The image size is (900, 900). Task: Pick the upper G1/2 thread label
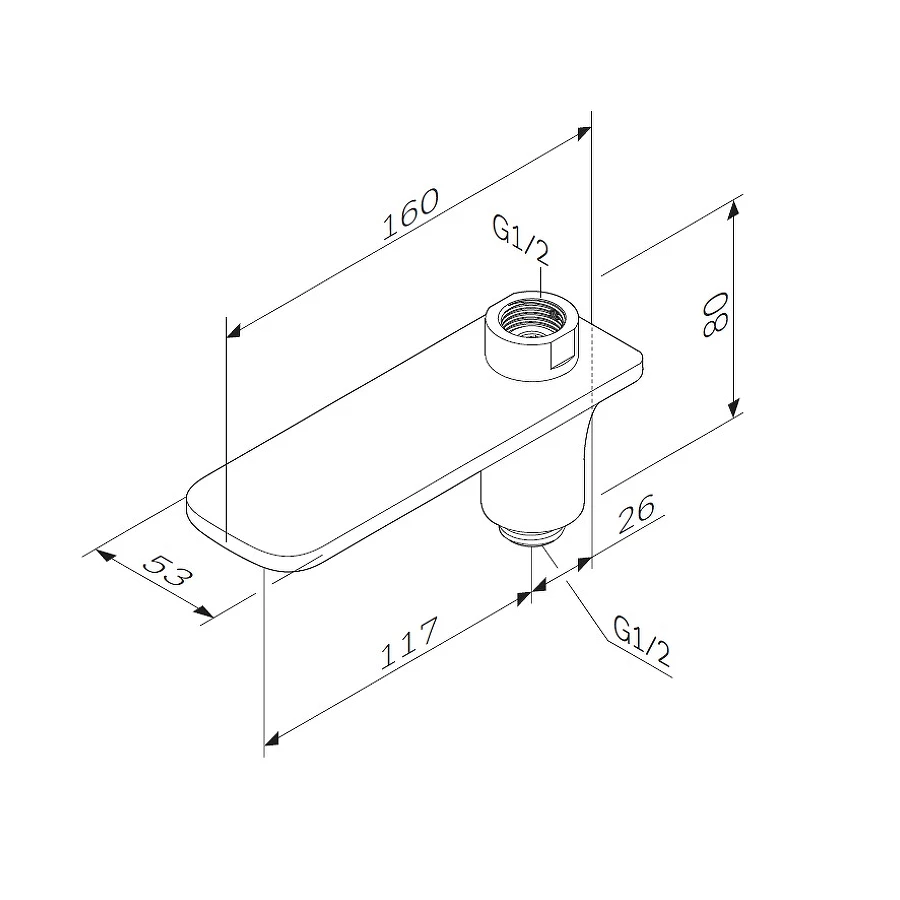[x=521, y=240]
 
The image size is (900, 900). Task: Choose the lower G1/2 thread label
[x=642, y=642]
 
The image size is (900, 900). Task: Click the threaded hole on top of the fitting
[x=531, y=318]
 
